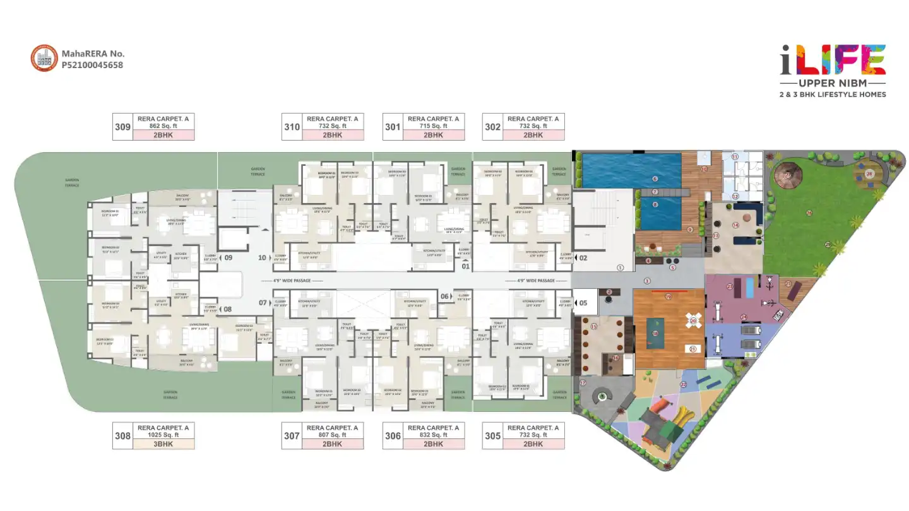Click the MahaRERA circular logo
coord(44,58)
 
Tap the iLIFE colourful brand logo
coord(833,61)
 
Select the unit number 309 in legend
coord(122,127)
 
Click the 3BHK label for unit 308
coord(163,444)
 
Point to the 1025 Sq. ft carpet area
coord(163,435)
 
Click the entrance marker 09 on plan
coord(228,257)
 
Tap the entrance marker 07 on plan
coord(263,303)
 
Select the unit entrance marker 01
coord(466,267)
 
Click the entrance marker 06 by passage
coord(444,297)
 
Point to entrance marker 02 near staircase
coord(583,257)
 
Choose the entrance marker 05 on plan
coord(583,303)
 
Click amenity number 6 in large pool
coord(655,179)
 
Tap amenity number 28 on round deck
coord(869,173)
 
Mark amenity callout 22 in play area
coord(682,384)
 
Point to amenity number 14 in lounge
coord(735,225)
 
